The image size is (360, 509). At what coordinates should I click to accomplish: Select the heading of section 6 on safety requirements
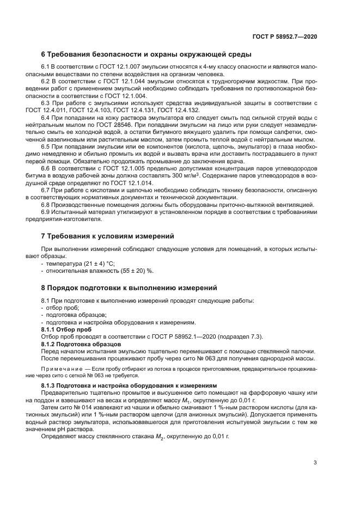tap(147, 54)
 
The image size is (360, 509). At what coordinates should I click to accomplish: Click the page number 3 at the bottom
tap(315, 463)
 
